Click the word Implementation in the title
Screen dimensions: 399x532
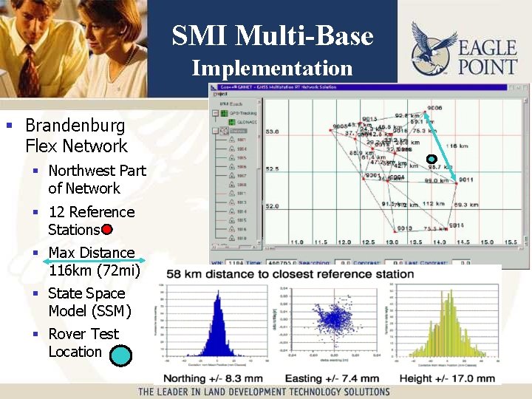272,68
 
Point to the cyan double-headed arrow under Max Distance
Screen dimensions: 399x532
95,262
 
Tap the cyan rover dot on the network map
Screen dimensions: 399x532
432,158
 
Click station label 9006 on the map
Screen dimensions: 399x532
434,108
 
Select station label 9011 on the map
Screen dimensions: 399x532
465,180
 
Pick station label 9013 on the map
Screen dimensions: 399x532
404,228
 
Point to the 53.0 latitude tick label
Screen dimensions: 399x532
272,132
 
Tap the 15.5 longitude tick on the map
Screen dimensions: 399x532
510,242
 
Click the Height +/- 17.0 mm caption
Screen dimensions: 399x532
447,378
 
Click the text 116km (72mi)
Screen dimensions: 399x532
94,270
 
